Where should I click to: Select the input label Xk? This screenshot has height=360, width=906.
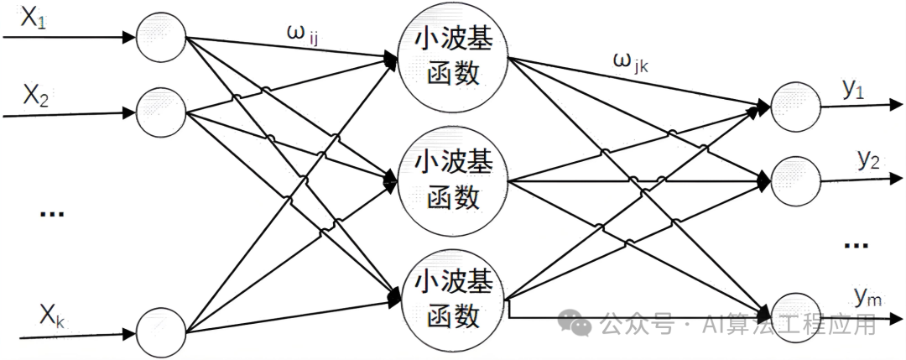coord(49,316)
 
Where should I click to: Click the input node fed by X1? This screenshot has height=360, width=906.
coord(161,37)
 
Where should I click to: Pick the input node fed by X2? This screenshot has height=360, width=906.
coord(160,109)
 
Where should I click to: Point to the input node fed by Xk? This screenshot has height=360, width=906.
coord(161,329)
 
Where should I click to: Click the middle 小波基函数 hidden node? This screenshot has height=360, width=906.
coord(453,180)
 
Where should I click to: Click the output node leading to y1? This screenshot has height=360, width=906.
coord(792,107)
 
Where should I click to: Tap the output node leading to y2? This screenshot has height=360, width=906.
coord(793,179)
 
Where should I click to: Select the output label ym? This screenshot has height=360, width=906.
coord(867,295)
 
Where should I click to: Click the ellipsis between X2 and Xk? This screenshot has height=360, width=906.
coord(52,214)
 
